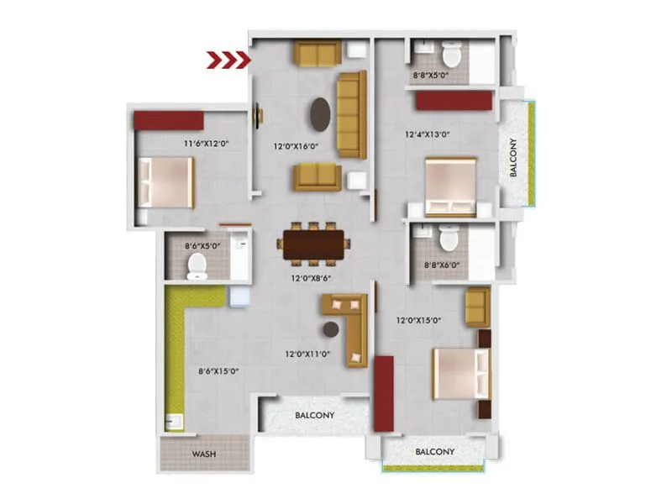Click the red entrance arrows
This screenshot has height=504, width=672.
[x=229, y=60]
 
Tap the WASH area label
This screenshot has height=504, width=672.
[x=204, y=454]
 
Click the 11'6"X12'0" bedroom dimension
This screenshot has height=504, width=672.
[x=207, y=144]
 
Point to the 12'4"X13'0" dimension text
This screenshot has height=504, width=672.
[x=428, y=134]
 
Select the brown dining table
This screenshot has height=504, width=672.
[x=313, y=244]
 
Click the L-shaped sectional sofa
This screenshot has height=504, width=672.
[x=349, y=324]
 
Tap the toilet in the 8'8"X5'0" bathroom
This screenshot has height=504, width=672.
[x=452, y=55]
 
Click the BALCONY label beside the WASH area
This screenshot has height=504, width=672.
[x=315, y=415]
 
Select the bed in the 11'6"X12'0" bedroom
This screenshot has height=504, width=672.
[x=166, y=182]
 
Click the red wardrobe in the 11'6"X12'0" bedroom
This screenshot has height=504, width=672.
[x=169, y=119]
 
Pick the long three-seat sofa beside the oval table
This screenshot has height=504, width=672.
[x=352, y=114]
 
